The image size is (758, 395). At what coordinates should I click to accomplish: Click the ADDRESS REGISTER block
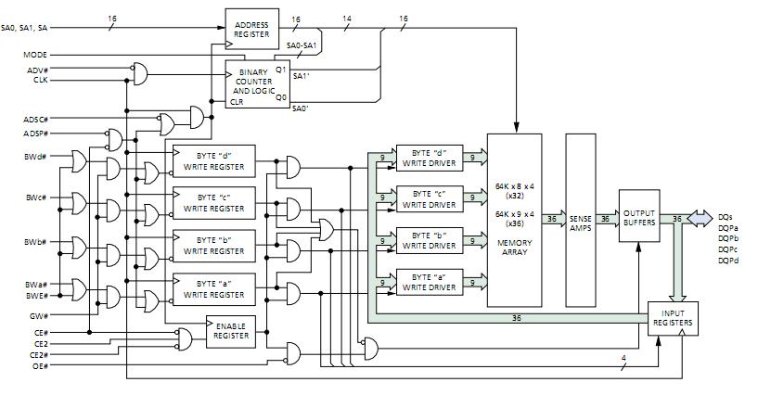[x=251, y=29]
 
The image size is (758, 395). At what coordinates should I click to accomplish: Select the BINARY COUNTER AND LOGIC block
[x=258, y=84]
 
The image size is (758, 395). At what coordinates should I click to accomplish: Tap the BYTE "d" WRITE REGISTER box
[x=213, y=161]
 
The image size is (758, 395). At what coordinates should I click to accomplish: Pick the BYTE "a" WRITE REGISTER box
[x=213, y=289]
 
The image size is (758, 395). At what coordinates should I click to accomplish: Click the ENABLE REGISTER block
[x=231, y=331]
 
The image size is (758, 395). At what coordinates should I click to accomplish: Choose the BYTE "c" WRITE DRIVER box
[x=430, y=199]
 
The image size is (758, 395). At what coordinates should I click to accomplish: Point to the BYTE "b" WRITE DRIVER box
[x=430, y=240]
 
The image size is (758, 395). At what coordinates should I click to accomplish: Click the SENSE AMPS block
[x=581, y=220]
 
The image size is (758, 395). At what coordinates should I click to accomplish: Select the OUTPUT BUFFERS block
[x=639, y=216]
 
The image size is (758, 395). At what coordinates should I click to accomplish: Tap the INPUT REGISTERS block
[x=673, y=318]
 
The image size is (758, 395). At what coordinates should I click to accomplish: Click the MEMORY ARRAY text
[x=514, y=248]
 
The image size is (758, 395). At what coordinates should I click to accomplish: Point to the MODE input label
[x=35, y=55]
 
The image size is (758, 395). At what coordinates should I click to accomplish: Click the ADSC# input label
[x=36, y=120]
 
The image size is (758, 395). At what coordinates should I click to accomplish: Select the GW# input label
[x=39, y=316]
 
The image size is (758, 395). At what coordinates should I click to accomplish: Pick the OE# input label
[x=40, y=366]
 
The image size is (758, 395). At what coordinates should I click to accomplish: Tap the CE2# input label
[x=39, y=355]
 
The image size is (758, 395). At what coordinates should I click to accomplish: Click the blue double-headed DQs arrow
[x=700, y=218]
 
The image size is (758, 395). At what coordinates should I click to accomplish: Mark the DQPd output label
[x=728, y=261]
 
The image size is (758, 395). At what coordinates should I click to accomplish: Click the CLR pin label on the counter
[x=237, y=102]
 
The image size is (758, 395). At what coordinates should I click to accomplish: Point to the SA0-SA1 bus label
[x=302, y=45]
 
